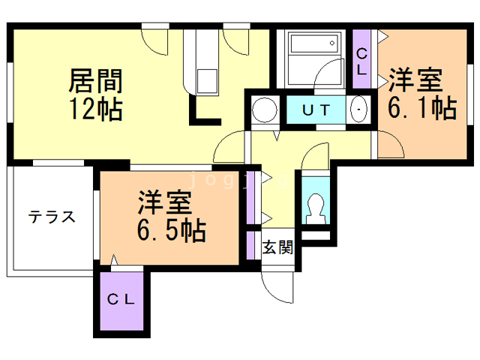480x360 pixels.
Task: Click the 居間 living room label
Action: (x=95, y=80)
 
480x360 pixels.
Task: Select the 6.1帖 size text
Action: (x=421, y=108)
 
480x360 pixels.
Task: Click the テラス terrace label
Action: (x=52, y=217)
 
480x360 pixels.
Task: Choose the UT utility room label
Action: (x=316, y=109)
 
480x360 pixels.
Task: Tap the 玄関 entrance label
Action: (x=277, y=246)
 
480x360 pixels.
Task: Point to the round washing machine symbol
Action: (x=263, y=110)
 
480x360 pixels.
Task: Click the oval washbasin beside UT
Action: (x=359, y=109)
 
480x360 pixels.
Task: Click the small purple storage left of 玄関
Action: (x=250, y=244)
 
